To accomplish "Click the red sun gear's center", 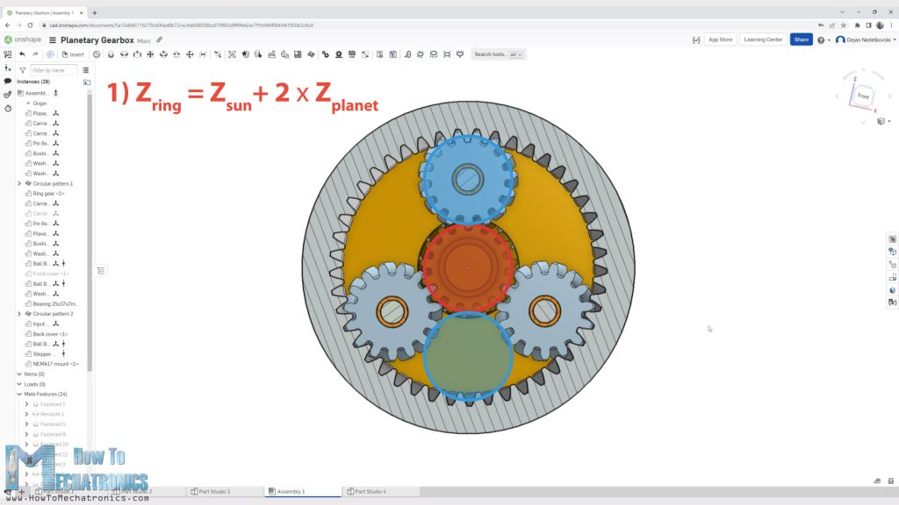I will click(468, 267).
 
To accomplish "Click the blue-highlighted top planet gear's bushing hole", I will click(468, 181).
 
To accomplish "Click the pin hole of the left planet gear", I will click(392, 310).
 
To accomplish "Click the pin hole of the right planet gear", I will click(544, 309).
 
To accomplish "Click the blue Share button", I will click(801, 39).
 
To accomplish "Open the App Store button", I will click(720, 39).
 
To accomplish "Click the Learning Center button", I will click(762, 39).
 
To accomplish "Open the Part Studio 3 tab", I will click(214, 492).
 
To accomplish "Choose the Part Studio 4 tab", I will click(370, 492).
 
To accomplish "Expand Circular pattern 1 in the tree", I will click(19, 183).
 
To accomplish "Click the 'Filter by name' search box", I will click(53, 70).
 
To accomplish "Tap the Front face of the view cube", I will click(863, 96).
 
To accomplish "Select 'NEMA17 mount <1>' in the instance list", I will click(55, 364).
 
